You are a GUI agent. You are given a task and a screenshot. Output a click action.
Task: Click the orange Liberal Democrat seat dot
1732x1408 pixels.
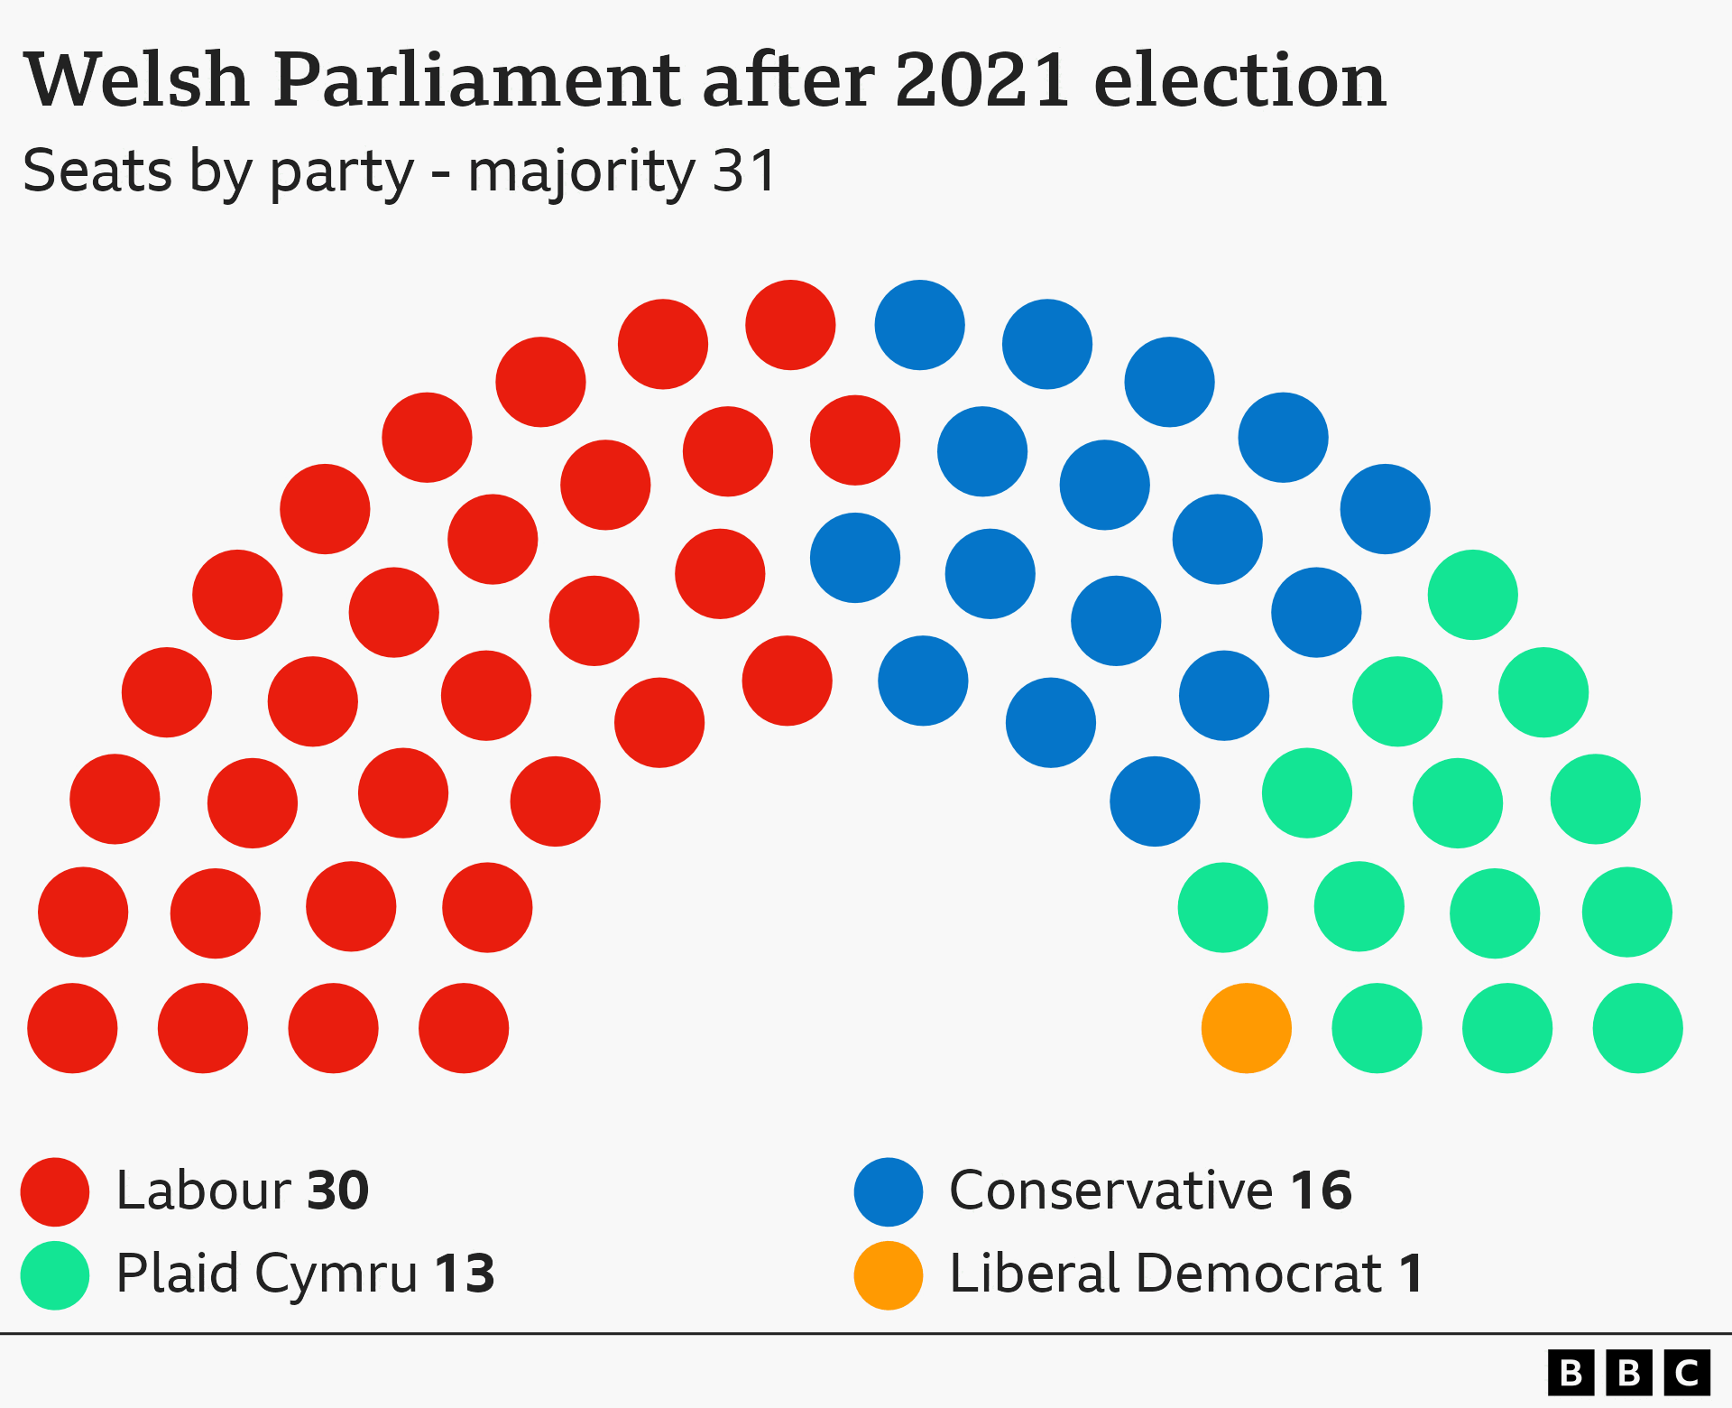(x=1246, y=1028)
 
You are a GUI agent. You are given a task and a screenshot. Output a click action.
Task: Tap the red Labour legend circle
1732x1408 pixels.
(x=55, y=1191)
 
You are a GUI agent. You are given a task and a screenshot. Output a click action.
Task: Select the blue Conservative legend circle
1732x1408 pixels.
(x=889, y=1191)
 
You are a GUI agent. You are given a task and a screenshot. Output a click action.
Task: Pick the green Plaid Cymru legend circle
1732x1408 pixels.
(x=55, y=1274)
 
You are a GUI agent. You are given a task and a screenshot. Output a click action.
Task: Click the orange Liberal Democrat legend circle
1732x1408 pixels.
(x=889, y=1274)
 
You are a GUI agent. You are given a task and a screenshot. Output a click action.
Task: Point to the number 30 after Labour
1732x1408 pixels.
(x=338, y=1191)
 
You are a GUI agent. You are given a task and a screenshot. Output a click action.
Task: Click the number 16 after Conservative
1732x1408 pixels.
(x=1321, y=1191)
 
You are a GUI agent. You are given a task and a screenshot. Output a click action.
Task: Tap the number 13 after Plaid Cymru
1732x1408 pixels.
(x=465, y=1274)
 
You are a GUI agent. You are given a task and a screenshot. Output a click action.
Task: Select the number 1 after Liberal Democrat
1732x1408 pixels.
(x=1412, y=1274)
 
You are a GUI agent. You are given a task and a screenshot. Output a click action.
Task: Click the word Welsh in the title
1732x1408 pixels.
(x=136, y=81)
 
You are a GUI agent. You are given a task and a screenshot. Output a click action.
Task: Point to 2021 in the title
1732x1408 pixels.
(x=982, y=81)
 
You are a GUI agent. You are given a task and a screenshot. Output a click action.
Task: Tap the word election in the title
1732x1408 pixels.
(x=1239, y=81)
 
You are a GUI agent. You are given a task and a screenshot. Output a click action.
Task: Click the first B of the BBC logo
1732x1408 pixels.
(x=1571, y=1373)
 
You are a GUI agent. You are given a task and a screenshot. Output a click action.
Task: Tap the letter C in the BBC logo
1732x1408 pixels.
(x=1686, y=1373)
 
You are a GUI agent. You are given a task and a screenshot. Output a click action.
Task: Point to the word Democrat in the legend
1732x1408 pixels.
(x=1258, y=1274)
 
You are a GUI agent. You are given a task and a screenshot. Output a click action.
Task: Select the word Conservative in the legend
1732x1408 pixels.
(x=1110, y=1191)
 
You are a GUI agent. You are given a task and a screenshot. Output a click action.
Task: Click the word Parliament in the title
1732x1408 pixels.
(x=476, y=81)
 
